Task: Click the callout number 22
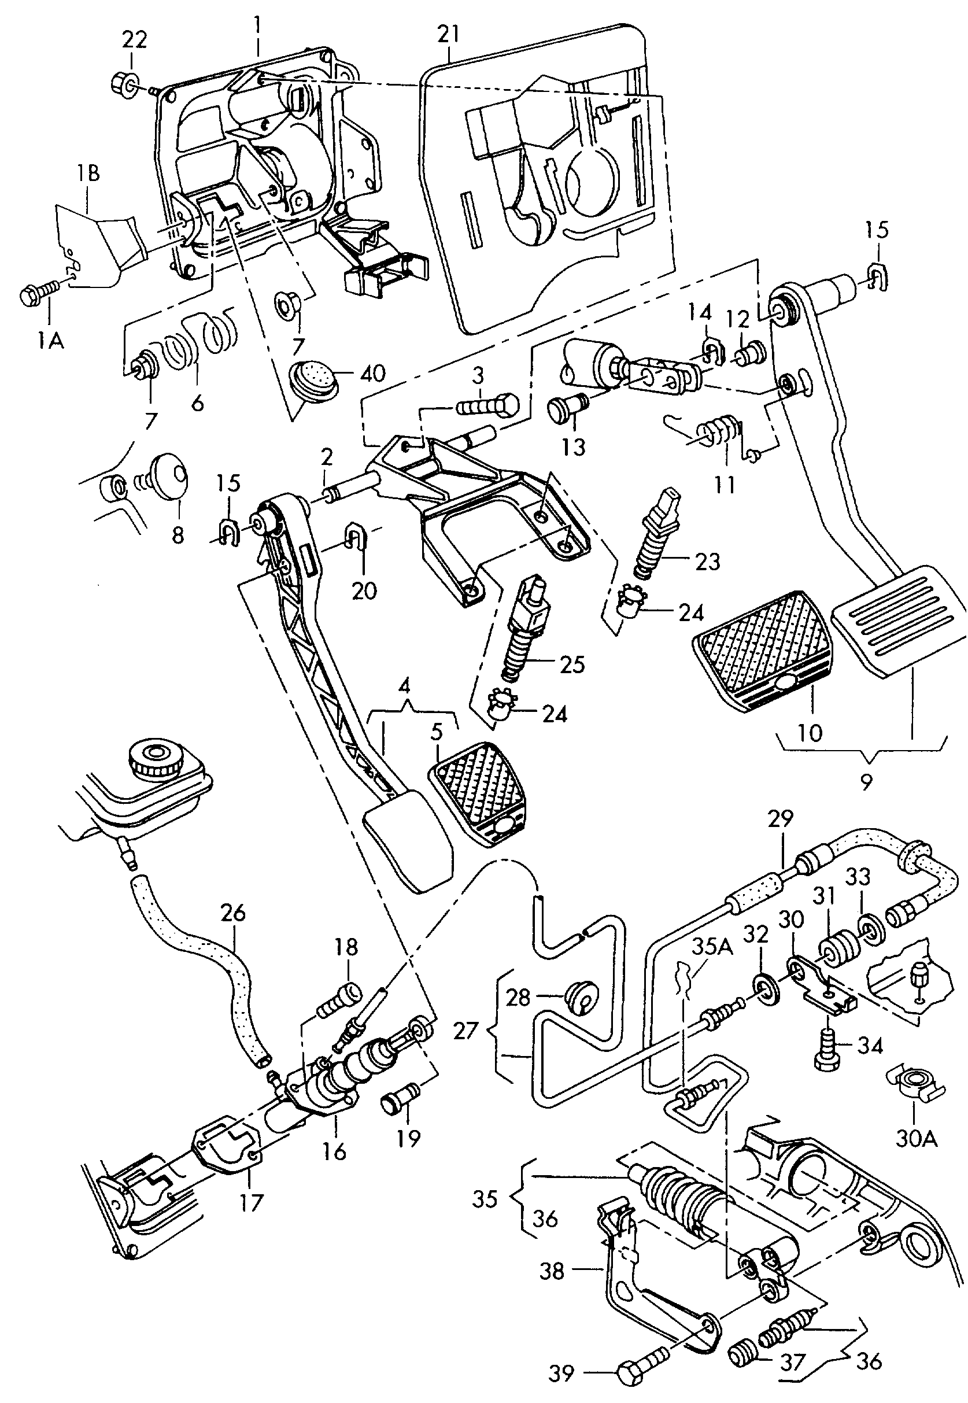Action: [134, 40]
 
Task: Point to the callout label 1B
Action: [88, 173]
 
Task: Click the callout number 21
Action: [448, 34]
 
